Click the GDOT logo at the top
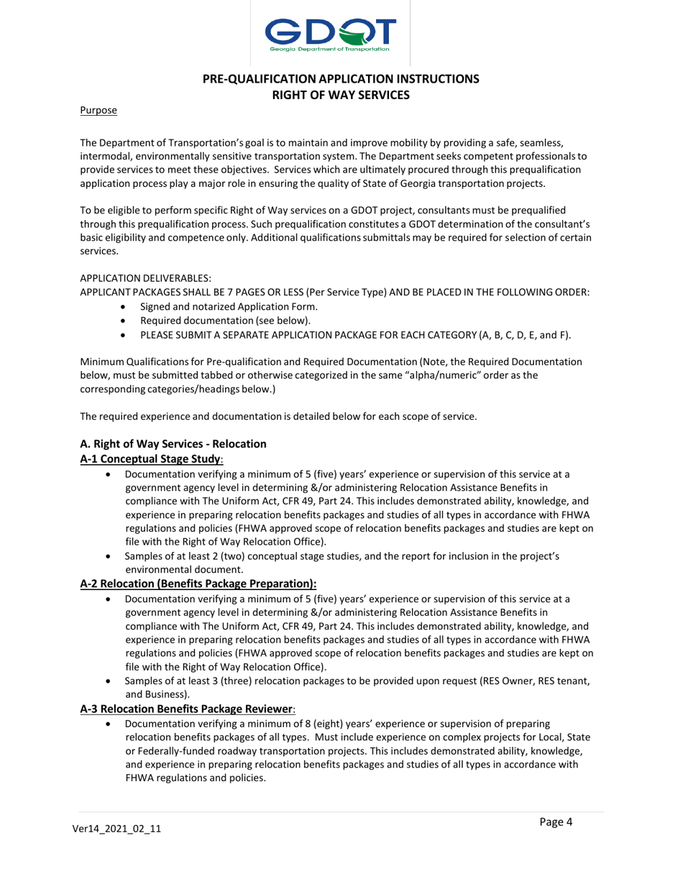point(331,33)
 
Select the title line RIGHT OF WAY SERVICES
point(341,93)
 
